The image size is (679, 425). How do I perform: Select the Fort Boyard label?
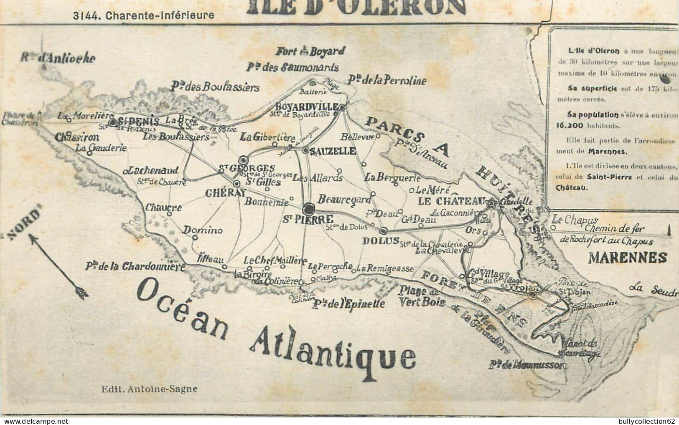[x=310, y=52]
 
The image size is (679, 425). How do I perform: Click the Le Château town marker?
[x=492, y=204]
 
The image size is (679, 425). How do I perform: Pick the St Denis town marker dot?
[x=113, y=122]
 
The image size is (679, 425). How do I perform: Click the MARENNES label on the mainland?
[x=627, y=258]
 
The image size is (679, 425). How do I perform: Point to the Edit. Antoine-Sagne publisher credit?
[x=150, y=389]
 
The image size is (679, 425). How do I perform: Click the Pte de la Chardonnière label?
[x=135, y=266]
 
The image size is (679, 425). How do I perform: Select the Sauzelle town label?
[x=333, y=151]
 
